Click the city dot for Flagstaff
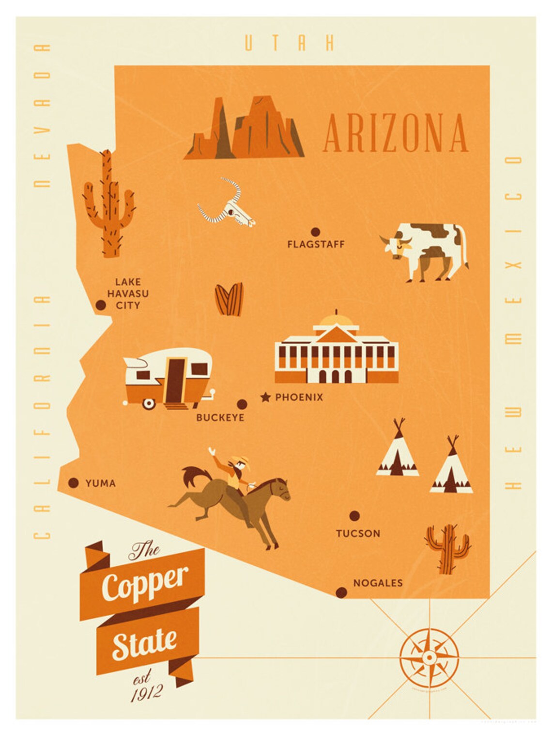(x=315, y=232)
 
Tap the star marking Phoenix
(x=265, y=398)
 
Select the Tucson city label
(x=358, y=533)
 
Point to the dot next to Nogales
(x=341, y=592)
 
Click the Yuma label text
(x=100, y=483)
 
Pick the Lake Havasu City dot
(x=101, y=305)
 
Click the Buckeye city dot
(x=242, y=404)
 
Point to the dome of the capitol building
(x=337, y=320)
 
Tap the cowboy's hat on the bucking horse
(x=241, y=459)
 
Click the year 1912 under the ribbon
(x=146, y=693)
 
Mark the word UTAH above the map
(x=289, y=43)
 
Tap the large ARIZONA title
(x=395, y=133)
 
